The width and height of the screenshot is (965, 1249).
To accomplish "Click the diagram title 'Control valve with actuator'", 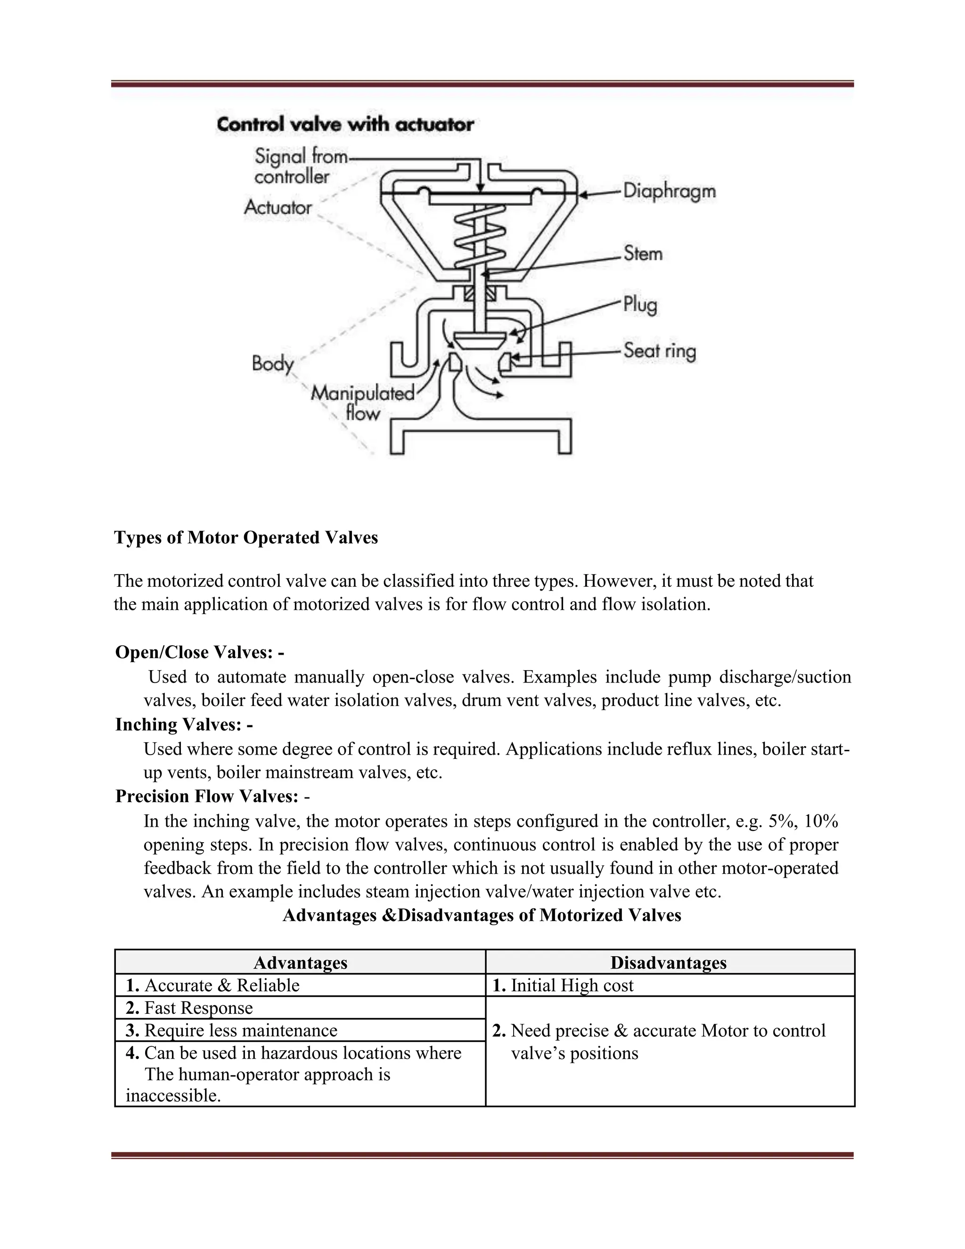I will click(345, 125).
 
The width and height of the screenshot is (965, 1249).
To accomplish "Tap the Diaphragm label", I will click(669, 191).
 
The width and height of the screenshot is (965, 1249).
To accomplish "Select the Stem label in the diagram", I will click(643, 254).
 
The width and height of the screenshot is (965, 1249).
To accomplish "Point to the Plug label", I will click(640, 305).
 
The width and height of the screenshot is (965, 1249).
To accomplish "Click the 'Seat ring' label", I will click(659, 351).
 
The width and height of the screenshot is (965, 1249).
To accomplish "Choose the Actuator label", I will click(278, 207).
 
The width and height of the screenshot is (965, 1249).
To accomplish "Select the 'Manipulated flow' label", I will click(362, 403).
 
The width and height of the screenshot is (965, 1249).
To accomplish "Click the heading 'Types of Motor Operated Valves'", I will click(246, 538).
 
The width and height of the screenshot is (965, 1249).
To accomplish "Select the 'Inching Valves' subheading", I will click(183, 724).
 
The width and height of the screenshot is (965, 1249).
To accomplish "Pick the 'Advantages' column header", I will click(300, 962).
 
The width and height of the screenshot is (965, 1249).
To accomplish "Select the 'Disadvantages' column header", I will click(668, 962).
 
